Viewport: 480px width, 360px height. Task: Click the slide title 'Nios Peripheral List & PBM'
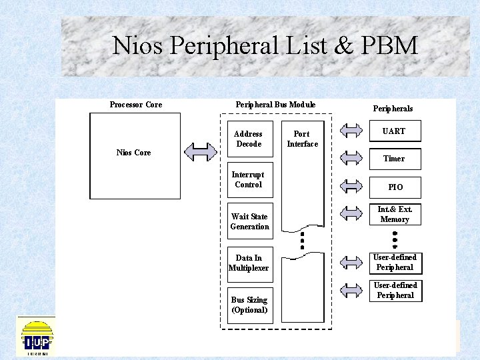click(265, 45)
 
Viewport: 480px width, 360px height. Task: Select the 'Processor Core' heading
click(135, 105)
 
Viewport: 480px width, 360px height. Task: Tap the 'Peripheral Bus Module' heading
click(275, 105)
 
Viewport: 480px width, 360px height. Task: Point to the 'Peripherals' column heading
click(393, 109)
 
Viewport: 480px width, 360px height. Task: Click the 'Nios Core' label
click(133, 153)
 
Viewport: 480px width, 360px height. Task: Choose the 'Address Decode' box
click(249, 139)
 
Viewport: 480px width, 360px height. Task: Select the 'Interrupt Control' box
click(249, 180)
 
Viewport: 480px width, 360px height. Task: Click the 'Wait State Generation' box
click(249, 221)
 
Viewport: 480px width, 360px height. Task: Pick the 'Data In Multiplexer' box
click(249, 263)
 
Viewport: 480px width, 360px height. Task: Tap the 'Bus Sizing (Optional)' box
click(249, 305)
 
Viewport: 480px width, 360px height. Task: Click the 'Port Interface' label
click(303, 139)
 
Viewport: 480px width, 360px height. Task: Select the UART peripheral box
click(394, 131)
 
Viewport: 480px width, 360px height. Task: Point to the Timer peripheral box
click(394, 159)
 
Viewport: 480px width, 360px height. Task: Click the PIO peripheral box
click(395, 187)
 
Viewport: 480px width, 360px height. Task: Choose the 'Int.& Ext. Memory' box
click(395, 215)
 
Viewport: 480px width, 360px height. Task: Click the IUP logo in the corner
click(36, 337)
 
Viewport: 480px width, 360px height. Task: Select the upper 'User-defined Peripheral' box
click(395, 263)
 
